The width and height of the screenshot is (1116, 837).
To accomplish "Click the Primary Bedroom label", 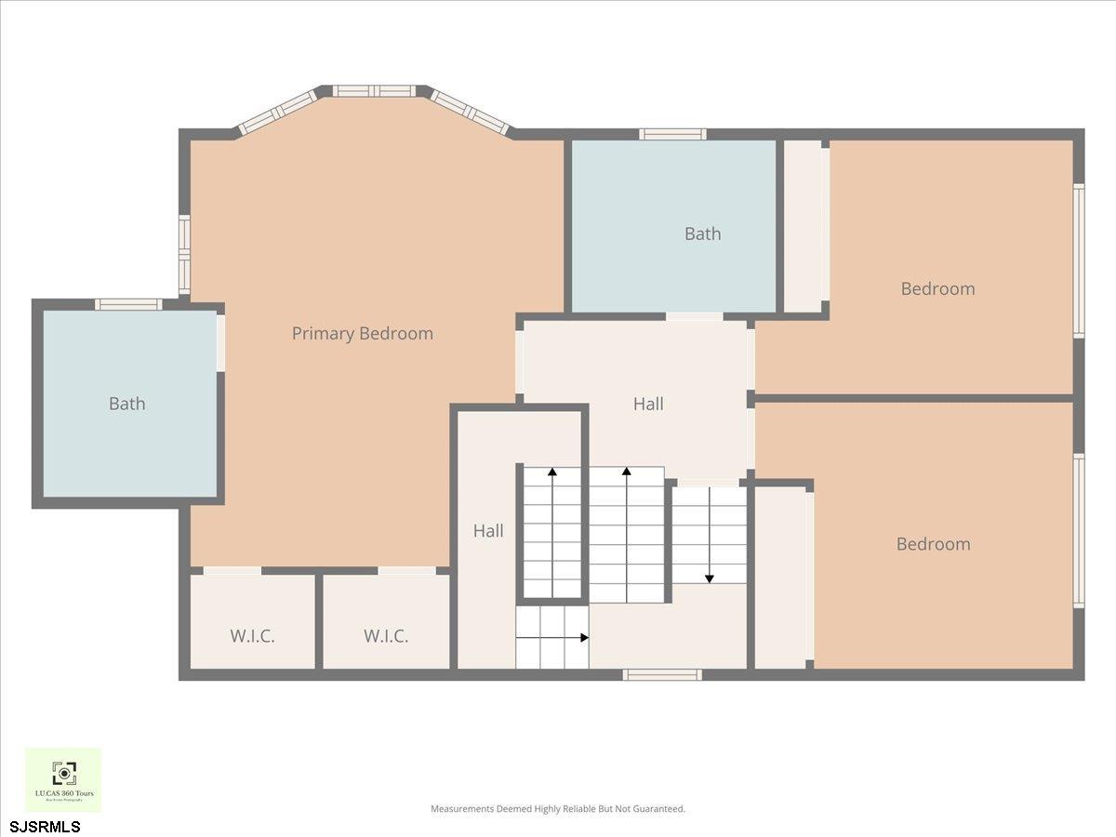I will click(362, 333).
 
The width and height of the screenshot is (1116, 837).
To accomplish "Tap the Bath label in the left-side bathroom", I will click(126, 404).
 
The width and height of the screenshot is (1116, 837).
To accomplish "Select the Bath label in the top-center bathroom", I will click(702, 233).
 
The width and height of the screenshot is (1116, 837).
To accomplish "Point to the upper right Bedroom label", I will click(937, 288).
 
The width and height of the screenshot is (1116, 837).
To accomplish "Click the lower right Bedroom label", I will click(933, 544).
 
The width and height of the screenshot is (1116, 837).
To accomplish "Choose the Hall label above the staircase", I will click(648, 404).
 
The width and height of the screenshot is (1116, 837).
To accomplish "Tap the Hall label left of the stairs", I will click(488, 530).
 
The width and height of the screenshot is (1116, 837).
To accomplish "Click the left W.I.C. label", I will click(253, 636).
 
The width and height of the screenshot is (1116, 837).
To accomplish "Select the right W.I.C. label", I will click(386, 636).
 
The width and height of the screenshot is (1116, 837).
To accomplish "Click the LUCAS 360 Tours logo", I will click(63, 779).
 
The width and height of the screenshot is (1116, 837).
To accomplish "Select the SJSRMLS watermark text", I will click(45, 826).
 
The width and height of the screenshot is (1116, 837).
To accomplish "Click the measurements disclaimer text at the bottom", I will click(557, 809).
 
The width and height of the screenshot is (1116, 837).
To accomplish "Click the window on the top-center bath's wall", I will click(671, 134).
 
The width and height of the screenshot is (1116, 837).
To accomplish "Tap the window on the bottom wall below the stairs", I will click(661, 674).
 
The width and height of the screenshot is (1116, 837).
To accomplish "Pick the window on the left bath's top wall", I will click(128, 304).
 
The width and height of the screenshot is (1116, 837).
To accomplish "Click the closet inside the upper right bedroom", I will click(804, 226).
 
